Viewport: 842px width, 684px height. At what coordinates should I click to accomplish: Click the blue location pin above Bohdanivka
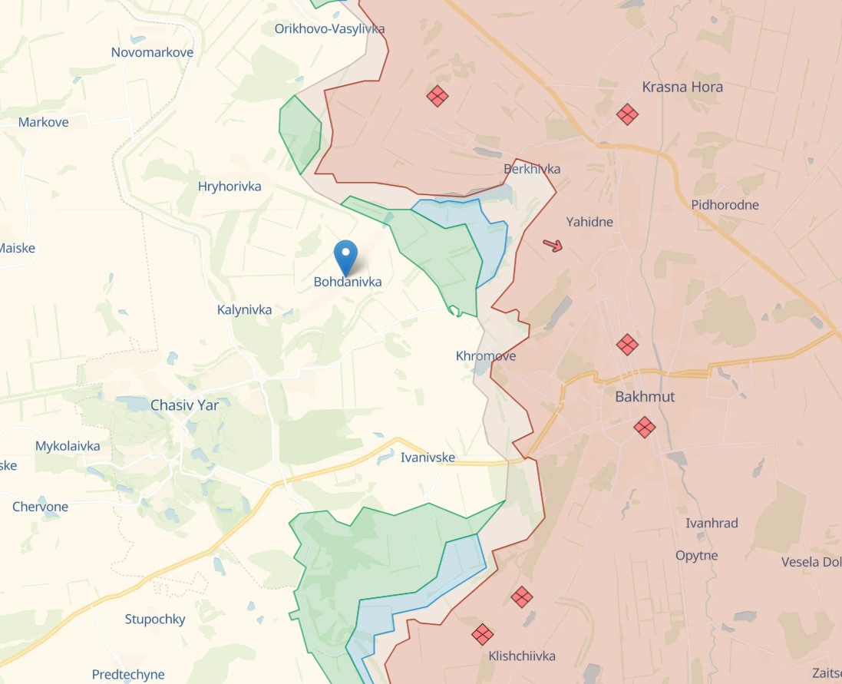coord(346,256)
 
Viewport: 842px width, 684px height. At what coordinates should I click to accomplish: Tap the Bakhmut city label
coord(645,397)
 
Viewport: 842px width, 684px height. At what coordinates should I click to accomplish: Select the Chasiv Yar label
coord(184,405)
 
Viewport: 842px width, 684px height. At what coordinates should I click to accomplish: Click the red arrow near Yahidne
coord(553,246)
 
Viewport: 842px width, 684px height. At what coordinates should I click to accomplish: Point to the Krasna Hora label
coord(682,87)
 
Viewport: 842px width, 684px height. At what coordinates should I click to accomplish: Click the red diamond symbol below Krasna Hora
coord(627,114)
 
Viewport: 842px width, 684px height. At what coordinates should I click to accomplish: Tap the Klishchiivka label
coord(522,656)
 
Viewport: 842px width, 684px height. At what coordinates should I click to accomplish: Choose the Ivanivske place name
coord(428,458)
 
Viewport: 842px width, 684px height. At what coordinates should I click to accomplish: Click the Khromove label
coord(486,356)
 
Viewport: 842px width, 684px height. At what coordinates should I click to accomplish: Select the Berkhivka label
coord(532,169)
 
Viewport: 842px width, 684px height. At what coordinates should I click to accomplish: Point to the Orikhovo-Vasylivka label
coord(330,28)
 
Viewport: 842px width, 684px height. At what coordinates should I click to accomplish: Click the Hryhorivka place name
coord(229,187)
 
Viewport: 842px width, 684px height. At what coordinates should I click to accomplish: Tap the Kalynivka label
coord(245,310)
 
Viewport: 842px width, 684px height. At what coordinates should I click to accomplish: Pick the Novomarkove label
coord(152,52)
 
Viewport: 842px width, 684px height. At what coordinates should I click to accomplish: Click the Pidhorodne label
coord(725,205)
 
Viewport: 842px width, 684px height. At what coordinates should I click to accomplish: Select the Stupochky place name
coord(155,619)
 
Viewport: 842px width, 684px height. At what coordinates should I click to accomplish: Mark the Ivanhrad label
coord(712,524)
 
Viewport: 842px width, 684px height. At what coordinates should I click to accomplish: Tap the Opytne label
coord(697,556)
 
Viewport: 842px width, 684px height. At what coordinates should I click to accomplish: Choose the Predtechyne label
coord(128,675)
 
